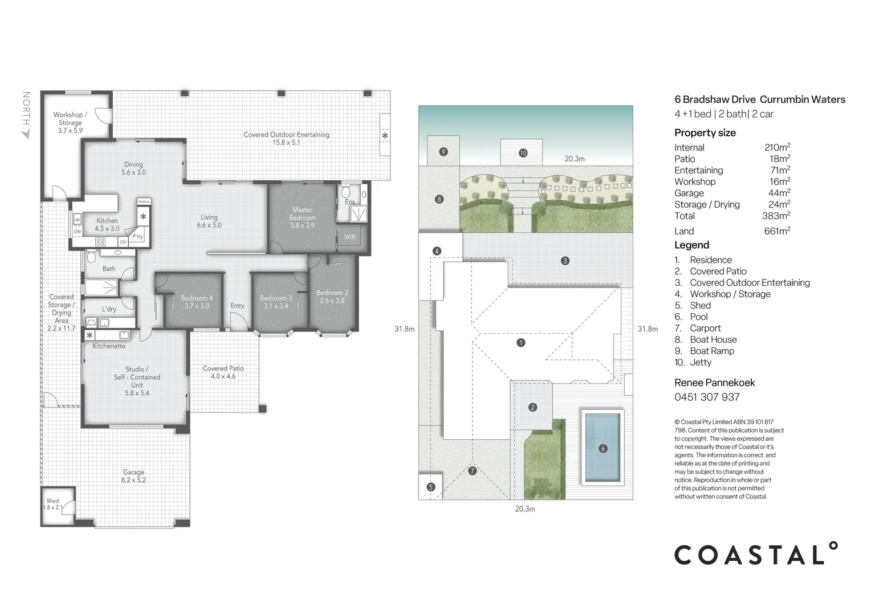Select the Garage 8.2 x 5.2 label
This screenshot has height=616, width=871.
pyautogui.click(x=133, y=476)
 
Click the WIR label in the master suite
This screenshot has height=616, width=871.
pyautogui.click(x=349, y=237)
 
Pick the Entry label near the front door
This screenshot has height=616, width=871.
pyautogui.click(x=237, y=306)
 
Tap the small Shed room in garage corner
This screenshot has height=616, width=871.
pyautogui.click(x=54, y=505)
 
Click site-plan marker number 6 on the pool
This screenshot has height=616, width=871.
pyautogui.click(x=603, y=448)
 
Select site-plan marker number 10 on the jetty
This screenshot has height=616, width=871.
pyautogui.click(x=523, y=153)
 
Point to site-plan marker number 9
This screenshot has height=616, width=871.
pyautogui.click(x=443, y=152)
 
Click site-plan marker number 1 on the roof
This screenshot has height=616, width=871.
pyautogui.click(x=520, y=343)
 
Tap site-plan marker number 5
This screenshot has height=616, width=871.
pyautogui.click(x=430, y=487)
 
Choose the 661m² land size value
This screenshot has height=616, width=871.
pyautogui.click(x=777, y=231)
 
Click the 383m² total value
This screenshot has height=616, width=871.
pyautogui.click(x=776, y=216)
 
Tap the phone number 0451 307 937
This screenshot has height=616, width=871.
pyautogui.click(x=707, y=397)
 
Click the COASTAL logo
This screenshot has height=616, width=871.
pyautogui.click(x=756, y=554)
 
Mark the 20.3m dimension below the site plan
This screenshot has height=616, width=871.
pyautogui.click(x=525, y=509)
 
